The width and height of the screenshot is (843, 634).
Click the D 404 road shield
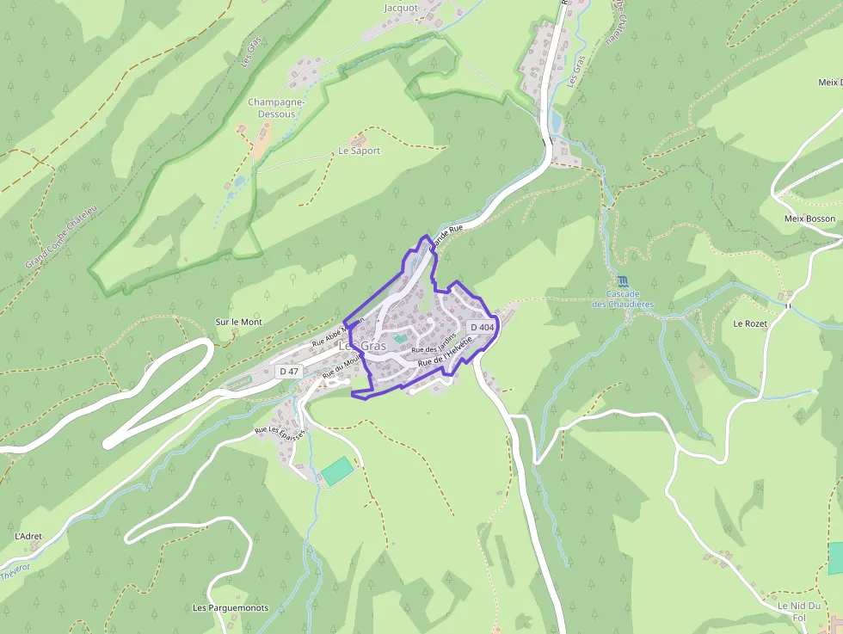[482, 328]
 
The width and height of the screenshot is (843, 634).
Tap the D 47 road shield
[289, 372]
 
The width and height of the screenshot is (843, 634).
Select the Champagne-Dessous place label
[277, 108]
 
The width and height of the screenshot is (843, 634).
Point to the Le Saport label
[359, 151]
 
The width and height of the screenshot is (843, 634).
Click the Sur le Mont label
[238, 322]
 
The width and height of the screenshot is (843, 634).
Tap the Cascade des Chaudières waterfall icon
[622, 281]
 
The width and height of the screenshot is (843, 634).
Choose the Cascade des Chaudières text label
[623, 299]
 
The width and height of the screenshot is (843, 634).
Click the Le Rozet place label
[749, 323]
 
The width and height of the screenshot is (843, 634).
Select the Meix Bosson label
[809, 219]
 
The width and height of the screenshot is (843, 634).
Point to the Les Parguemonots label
[231, 607]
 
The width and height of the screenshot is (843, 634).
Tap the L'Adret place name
[28, 536]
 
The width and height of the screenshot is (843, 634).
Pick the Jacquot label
[401, 8]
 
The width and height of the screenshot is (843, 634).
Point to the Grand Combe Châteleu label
[61, 235]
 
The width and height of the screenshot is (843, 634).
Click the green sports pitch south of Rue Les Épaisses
[337, 471]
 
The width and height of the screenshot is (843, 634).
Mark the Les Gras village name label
[362, 346]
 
